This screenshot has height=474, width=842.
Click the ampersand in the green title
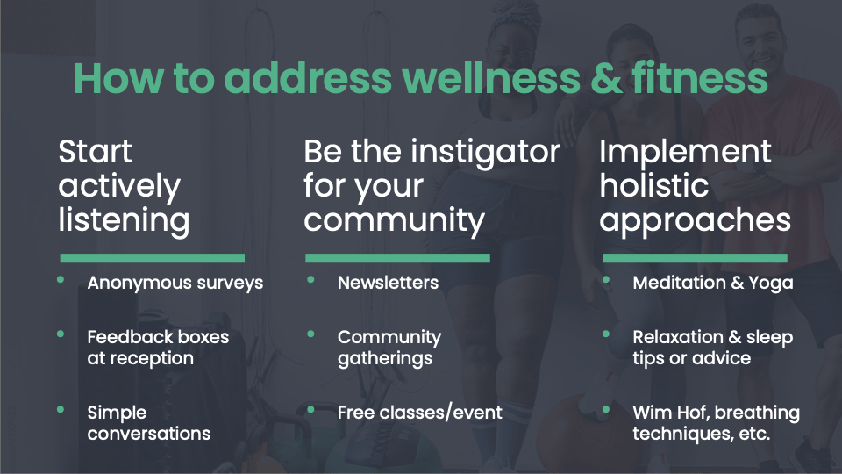point(606,78)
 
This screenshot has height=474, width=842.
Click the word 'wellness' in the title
point(491,78)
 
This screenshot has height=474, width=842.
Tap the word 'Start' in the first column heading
point(95,151)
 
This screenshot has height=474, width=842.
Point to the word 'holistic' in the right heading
point(654,185)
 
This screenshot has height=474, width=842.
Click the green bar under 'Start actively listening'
point(153,258)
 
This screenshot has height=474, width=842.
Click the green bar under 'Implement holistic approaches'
point(695,258)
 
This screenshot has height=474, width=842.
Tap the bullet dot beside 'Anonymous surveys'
point(61,279)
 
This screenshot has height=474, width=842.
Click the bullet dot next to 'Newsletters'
point(310,279)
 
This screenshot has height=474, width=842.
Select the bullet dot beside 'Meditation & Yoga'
point(606,279)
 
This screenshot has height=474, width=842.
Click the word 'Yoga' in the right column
point(771,284)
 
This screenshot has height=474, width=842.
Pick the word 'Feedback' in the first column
point(122,337)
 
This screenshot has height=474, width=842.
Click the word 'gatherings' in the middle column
point(385,359)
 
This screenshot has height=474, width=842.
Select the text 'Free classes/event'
point(420,413)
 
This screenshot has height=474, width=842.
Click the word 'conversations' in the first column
point(149,434)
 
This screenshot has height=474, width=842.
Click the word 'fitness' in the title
point(700,78)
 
